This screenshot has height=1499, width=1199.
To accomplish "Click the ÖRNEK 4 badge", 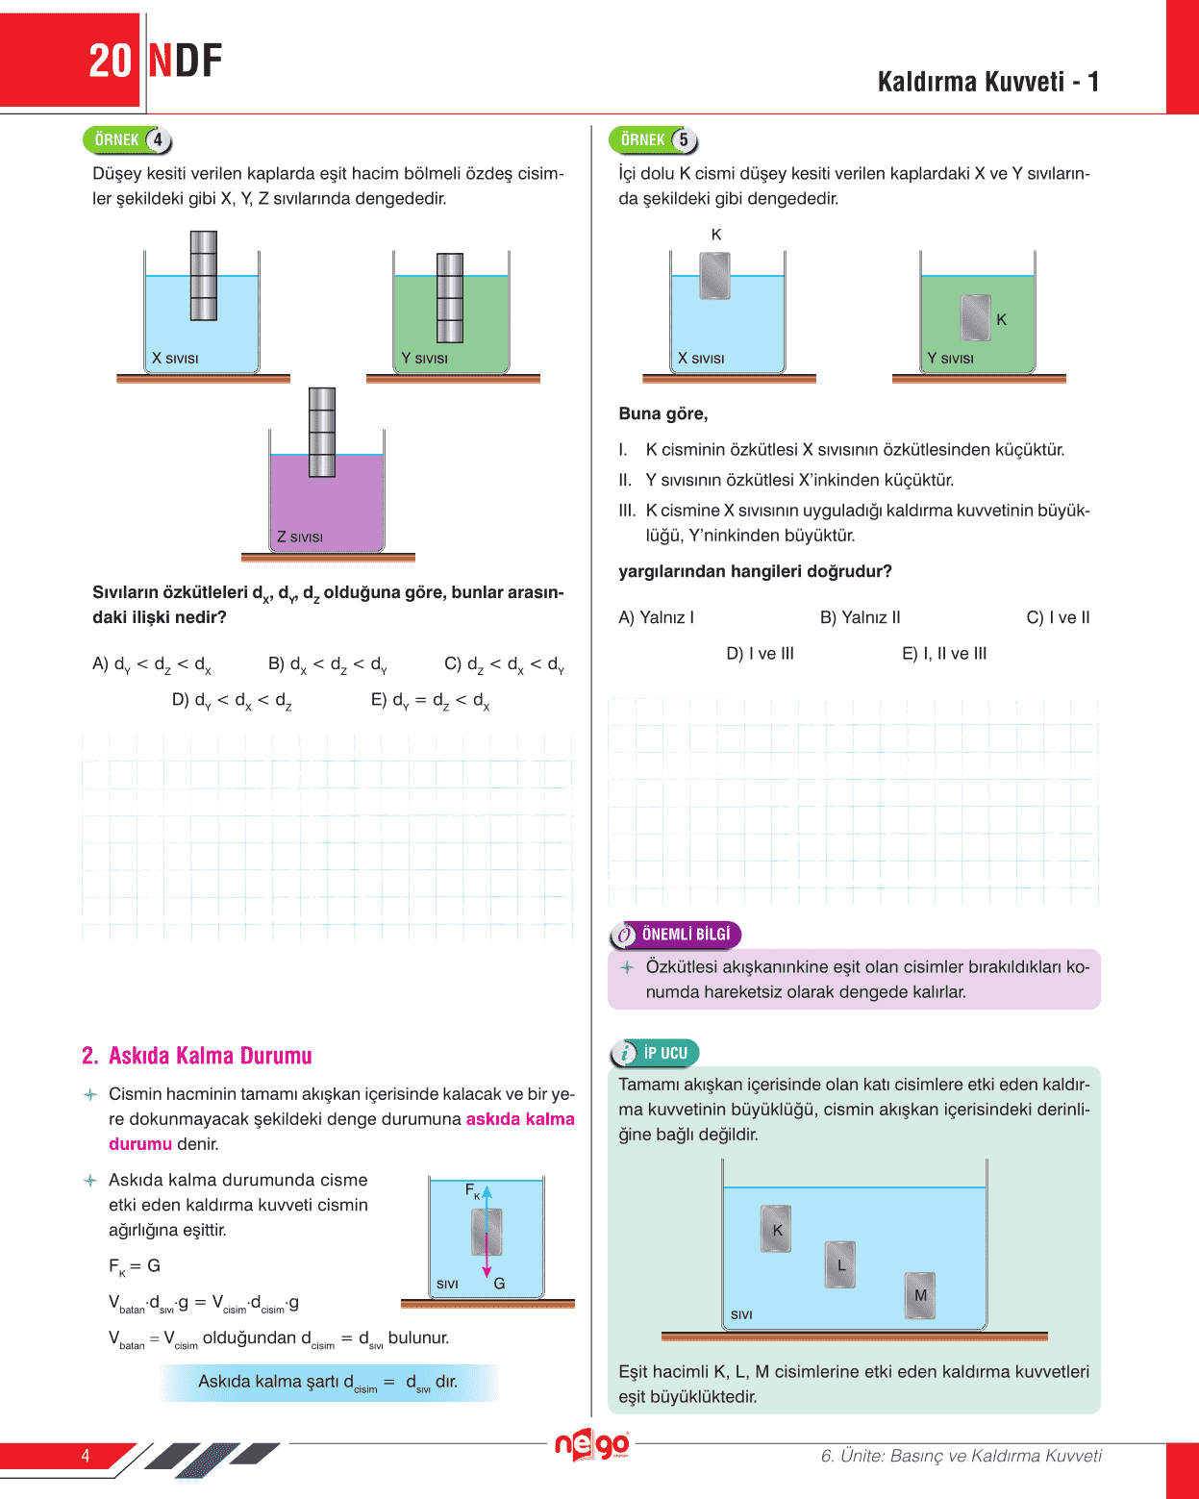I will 127,140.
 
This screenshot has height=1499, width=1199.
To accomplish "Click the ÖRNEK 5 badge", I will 653,140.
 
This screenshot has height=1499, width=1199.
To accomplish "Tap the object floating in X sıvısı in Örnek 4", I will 203,276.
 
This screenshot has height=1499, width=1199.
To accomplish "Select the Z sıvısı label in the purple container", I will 300,537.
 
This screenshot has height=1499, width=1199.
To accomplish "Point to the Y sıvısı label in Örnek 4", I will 424,359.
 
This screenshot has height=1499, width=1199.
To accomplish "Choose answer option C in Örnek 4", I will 504,664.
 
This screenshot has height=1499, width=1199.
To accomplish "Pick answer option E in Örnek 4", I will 430,700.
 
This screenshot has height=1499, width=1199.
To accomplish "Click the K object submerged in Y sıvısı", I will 975,317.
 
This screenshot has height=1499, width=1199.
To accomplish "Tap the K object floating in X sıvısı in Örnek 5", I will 714,276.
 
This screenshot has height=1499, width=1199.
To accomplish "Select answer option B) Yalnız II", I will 860,617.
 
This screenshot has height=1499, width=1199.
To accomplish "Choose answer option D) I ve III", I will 760,654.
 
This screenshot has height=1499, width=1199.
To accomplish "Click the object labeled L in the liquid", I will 839,1264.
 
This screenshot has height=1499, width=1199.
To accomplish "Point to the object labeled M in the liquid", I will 919,1295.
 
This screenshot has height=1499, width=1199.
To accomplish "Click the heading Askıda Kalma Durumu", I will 197,1056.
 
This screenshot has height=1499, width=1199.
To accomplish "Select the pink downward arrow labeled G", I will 487,1260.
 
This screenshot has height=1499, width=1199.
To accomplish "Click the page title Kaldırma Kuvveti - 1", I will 987,82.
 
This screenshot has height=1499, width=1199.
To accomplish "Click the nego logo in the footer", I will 591,1445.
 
